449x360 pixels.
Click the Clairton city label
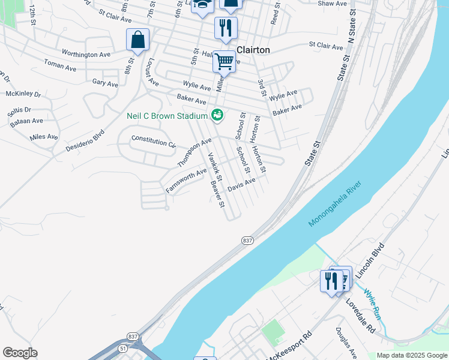pos(253,50)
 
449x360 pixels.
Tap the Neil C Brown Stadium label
pos(167,115)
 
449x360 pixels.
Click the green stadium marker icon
pos(217,115)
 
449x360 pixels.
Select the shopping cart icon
pos(224,61)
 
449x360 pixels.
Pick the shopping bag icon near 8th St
pos(137,40)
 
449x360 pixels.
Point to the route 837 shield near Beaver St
pos(247,240)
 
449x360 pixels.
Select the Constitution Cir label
pos(154,142)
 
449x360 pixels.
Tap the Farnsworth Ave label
pos(186,181)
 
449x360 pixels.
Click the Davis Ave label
pos(242,185)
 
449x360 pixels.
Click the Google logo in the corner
pos(20,353)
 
